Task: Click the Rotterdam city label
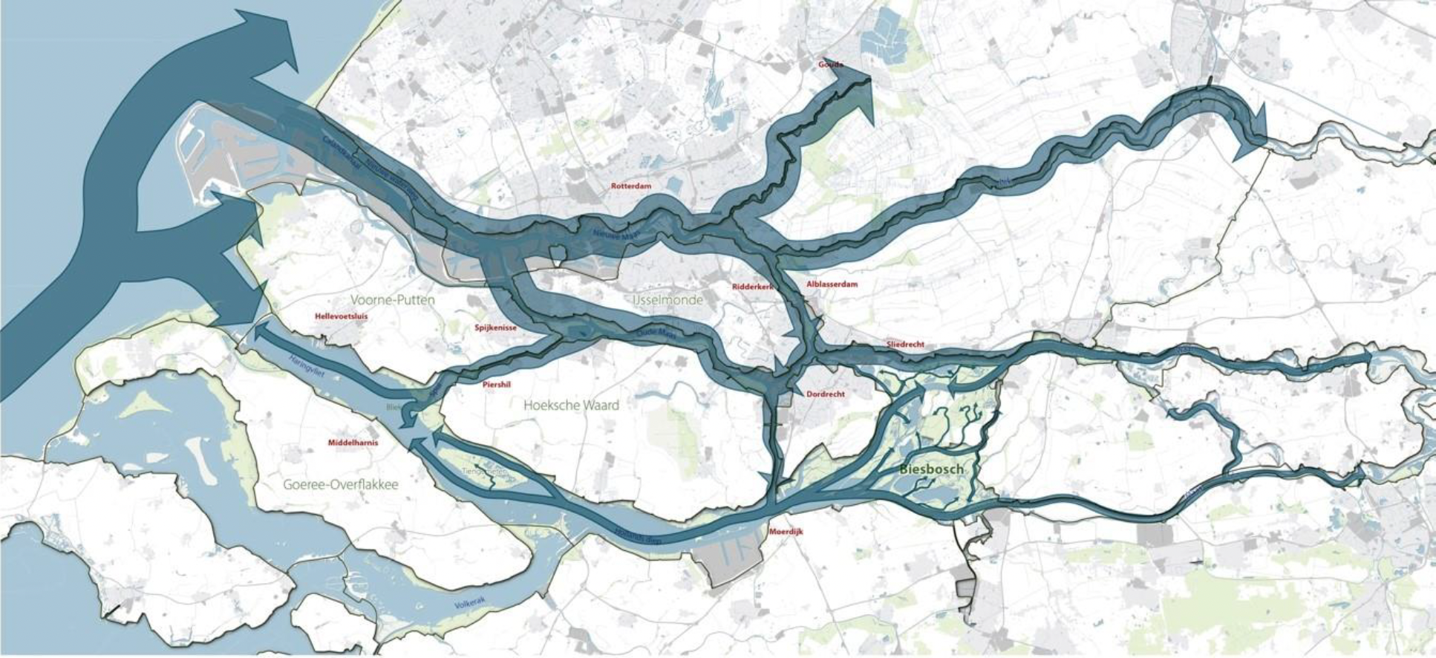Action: click(630, 186)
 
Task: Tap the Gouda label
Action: click(830, 65)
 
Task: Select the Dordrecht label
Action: click(825, 394)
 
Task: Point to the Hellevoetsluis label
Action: click(341, 316)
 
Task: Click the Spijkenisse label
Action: click(495, 328)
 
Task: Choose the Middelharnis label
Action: click(353, 443)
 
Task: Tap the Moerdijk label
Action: click(786, 532)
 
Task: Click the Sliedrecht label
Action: click(905, 345)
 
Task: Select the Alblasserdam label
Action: click(832, 284)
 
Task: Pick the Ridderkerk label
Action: click(752, 287)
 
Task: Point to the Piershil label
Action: click(496, 385)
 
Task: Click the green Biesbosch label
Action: click(931, 469)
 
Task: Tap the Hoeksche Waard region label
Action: click(570, 405)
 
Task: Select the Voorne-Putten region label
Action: click(392, 300)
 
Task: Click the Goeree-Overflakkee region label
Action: click(340, 485)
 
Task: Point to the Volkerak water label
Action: click(469, 605)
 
